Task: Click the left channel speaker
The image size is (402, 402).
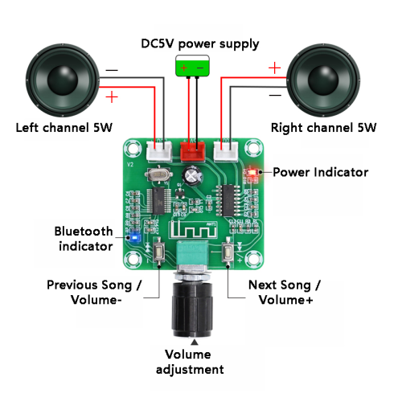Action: coord(63,80)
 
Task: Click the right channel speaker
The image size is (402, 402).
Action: coord(323,80)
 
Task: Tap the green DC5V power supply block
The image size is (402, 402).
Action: coord(192,66)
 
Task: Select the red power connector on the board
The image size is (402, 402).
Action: coord(193,151)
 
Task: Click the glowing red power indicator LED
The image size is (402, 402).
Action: coord(252,172)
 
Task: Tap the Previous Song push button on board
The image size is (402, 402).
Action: coord(159,252)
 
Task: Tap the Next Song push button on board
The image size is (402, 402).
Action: coord(228,252)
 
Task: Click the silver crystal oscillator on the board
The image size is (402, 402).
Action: coord(158,174)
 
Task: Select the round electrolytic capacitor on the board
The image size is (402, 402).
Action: coord(192,176)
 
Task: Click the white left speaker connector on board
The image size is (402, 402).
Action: coord(159,151)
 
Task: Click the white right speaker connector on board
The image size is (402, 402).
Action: coord(226,151)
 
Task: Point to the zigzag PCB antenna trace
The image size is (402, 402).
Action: coord(193,230)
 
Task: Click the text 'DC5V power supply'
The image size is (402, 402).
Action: coord(200,44)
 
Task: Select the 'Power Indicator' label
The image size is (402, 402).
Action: coord(321,172)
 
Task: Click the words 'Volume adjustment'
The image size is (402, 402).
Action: coord(190,363)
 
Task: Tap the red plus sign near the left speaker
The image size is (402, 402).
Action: coord(112,96)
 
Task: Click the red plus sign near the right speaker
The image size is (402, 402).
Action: coord(274,68)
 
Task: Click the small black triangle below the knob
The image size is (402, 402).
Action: coord(195,343)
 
